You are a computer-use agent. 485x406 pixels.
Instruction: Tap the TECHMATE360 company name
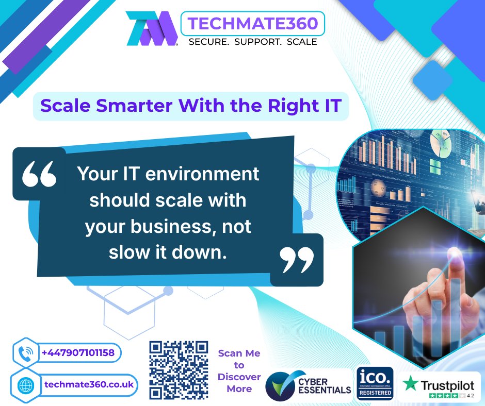coord(252,23)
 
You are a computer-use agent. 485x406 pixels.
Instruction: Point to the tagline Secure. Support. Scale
coord(252,42)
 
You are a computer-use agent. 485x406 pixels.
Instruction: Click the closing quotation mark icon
coord(297,260)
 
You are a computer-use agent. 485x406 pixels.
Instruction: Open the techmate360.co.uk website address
coord(89,384)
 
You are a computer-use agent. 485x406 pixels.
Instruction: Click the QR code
coord(179,370)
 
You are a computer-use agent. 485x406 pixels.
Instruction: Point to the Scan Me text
coord(239,354)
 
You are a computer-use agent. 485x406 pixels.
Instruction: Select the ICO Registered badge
coord(375,383)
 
